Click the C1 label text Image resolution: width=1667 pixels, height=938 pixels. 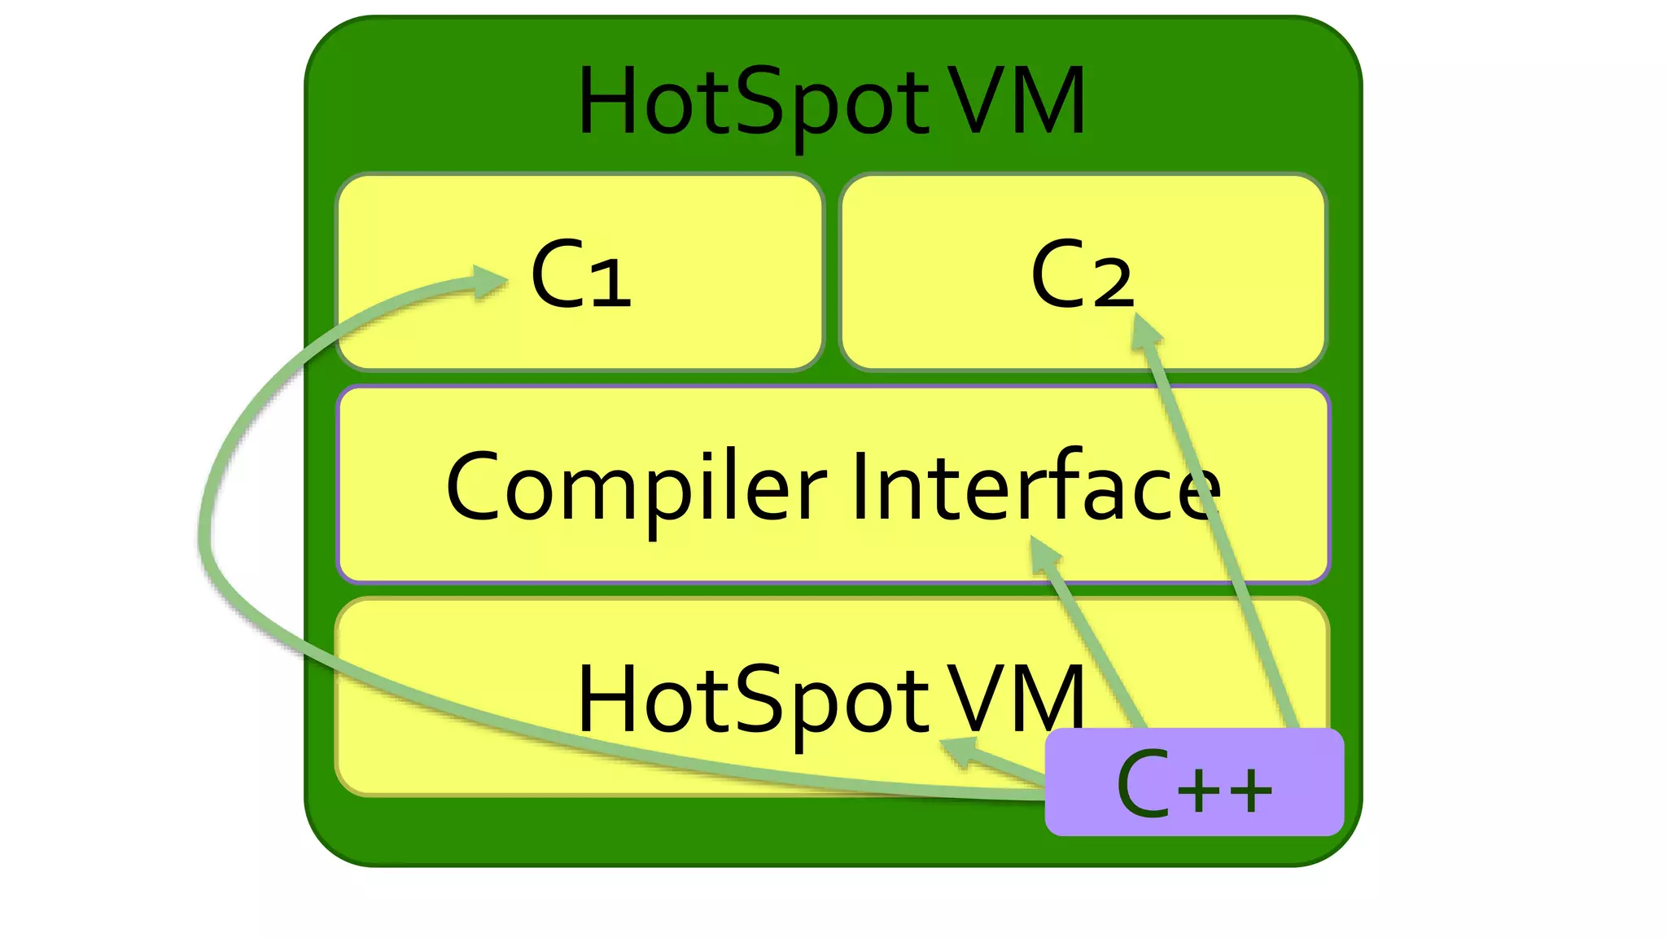coord(580,274)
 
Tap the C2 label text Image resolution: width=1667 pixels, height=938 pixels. coord(1081,274)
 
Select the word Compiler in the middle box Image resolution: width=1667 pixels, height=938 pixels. coord(636,488)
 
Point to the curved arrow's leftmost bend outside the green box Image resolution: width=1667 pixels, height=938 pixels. coord(205,537)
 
